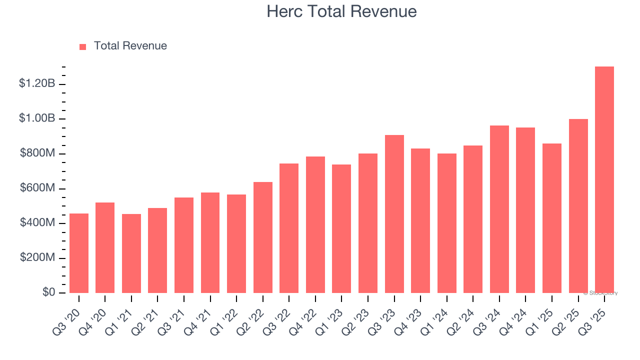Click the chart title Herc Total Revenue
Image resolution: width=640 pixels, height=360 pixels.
[x=341, y=11]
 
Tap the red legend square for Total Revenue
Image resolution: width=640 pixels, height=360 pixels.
[x=83, y=46]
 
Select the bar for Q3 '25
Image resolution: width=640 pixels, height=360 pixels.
[x=604, y=180]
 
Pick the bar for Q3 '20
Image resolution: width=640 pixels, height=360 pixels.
[x=79, y=253]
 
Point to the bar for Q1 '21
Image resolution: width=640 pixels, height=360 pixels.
[x=131, y=253]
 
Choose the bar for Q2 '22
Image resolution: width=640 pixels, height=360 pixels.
[x=263, y=237]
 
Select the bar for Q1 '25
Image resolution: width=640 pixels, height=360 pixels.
[x=552, y=218]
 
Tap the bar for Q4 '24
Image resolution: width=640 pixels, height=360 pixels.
[x=525, y=210]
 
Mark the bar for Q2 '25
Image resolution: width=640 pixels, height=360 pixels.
[x=578, y=206]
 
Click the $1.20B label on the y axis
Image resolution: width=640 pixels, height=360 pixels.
[x=37, y=83]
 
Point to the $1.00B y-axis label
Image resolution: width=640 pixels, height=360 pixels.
[x=37, y=118]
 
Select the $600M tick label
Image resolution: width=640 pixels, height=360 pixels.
[x=37, y=188]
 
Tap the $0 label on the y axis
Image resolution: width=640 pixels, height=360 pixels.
[x=48, y=292]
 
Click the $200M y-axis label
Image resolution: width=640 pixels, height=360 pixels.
[x=37, y=257]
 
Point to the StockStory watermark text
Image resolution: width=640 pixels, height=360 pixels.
[x=600, y=293]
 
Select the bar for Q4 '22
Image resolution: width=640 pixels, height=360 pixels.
[x=315, y=225]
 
